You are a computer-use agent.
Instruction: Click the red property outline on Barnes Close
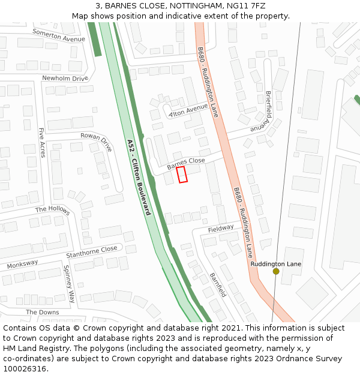182,175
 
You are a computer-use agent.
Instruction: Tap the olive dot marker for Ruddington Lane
276,271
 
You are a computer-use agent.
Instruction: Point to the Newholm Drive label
65,78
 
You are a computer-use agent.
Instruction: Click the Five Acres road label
41,139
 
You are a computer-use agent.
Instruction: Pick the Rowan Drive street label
97,142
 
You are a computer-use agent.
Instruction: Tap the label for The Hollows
52,210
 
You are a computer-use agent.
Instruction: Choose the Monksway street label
22,263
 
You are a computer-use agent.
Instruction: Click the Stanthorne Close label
92,253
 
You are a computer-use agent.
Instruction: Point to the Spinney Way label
70,283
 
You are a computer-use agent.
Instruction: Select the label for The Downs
42,312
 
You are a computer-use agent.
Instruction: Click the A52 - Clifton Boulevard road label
139,178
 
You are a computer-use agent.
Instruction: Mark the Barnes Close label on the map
186,163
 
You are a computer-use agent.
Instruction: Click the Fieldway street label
221,229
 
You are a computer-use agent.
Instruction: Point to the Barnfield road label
218,285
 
